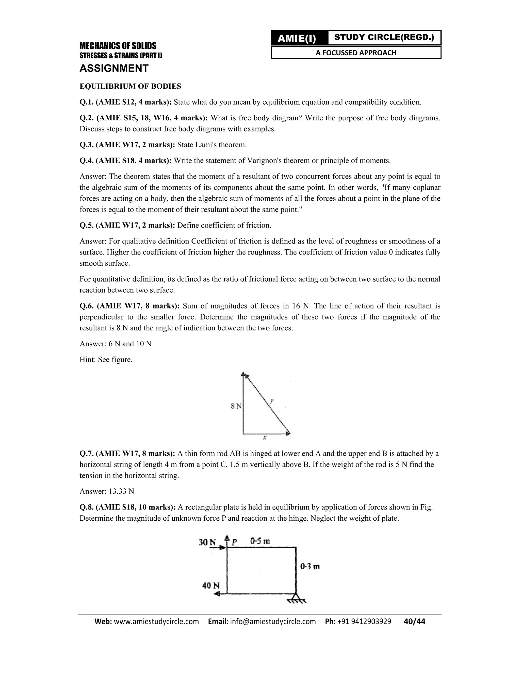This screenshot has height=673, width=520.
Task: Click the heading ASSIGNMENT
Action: coord(114,68)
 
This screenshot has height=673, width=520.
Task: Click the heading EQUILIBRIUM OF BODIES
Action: coord(130,86)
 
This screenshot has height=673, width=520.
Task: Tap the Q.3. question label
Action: coord(87,145)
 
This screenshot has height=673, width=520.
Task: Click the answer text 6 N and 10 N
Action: coord(130,344)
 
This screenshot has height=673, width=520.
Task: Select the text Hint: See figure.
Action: coord(106,360)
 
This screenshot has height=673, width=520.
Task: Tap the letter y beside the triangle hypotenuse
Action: coord(271,400)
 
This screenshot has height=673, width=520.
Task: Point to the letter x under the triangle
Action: coord(265,437)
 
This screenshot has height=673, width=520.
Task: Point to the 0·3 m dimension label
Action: coord(310,566)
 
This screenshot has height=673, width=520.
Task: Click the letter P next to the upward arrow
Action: coord(234,542)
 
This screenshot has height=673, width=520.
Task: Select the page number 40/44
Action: coord(414,621)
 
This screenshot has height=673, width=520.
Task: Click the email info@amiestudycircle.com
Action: coord(273,621)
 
